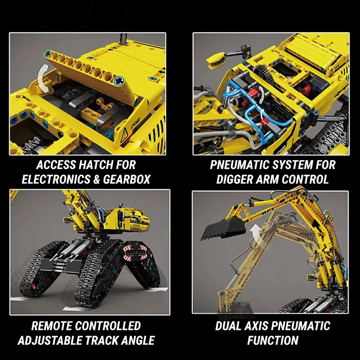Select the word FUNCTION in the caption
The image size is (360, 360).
(273, 340)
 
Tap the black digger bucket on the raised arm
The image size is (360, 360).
(224, 229)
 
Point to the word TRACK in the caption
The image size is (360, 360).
(103, 340)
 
